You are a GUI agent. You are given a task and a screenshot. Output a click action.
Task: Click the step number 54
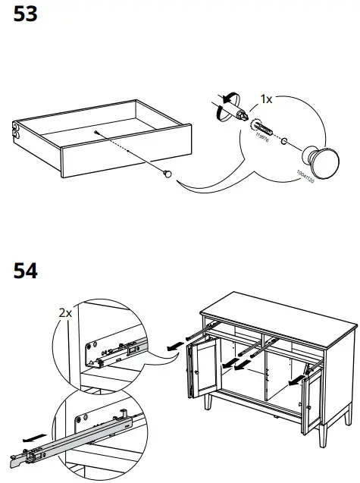tap(26, 270)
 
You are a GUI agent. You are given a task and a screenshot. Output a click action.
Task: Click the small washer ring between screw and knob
tap(283, 141)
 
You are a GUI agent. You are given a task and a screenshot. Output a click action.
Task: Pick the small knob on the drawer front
tap(167, 174)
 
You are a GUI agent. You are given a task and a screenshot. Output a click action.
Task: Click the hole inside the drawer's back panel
tap(98, 132)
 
